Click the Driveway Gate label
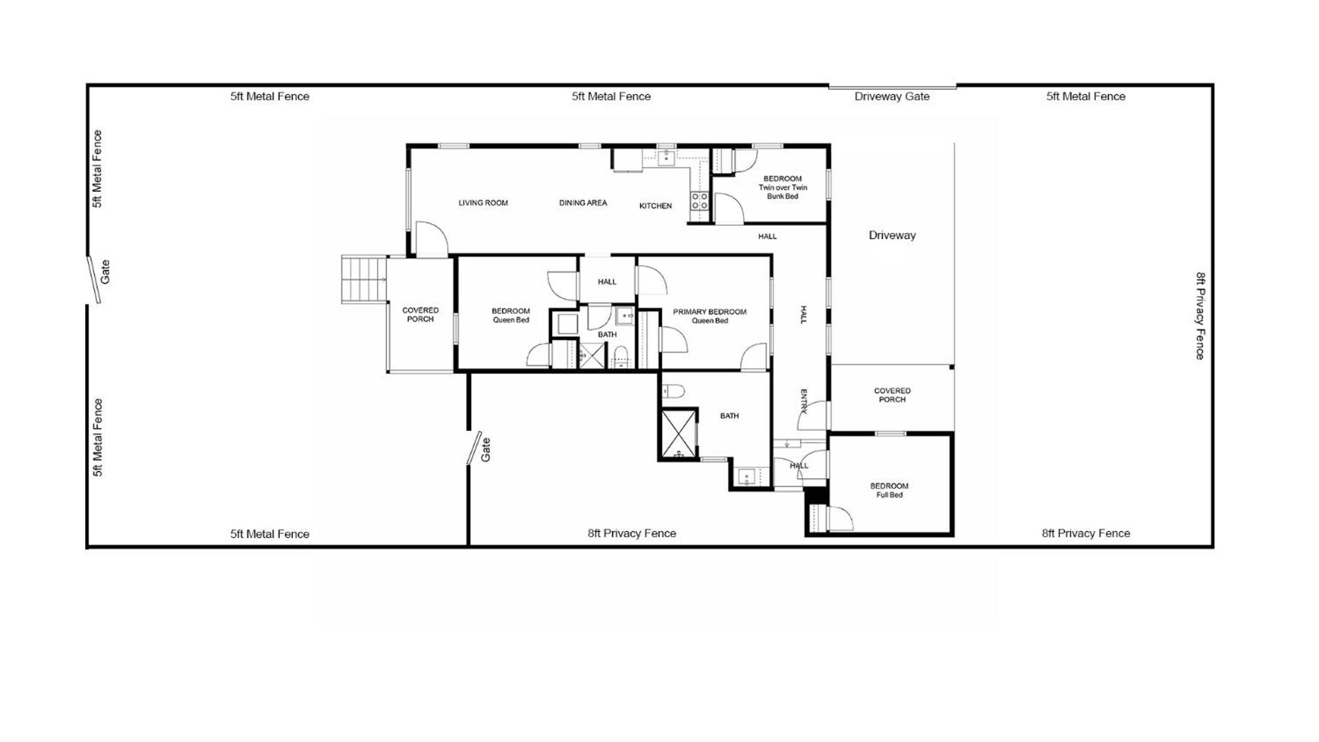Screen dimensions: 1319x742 pyautogui.click(x=891, y=96)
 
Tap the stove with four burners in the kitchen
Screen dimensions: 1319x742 pyautogui.click(x=700, y=201)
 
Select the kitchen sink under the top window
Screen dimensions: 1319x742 pyautogui.click(x=665, y=158)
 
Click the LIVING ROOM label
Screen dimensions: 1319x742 pyautogui.click(x=483, y=203)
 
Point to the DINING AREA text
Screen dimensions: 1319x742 pyautogui.click(x=583, y=203)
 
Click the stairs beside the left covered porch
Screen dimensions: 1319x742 pyautogui.click(x=364, y=279)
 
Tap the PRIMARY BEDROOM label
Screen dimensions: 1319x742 pyautogui.click(x=709, y=312)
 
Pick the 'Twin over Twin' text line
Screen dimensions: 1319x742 pyautogui.click(x=783, y=188)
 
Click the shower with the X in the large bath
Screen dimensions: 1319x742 pyautogui.click(x=678, y=433)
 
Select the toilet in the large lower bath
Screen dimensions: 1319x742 pyautogui.click(x=673, y=392)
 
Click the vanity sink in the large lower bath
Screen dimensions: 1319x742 pyautogui.click(x=746, y=476)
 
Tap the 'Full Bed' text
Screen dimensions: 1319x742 pyautogui.click(x=889, y=495)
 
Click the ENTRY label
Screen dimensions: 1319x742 pyautogui.click(x=803, y=401)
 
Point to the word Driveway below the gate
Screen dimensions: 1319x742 pyautogui.click(x=892, y=235)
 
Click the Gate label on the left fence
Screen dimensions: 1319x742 pyautogui.click(x=105, y=272)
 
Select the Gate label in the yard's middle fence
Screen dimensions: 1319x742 pyautogui.click(x=486, y=449)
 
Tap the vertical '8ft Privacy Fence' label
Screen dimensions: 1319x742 pyautogui.click(x=1200, y=316)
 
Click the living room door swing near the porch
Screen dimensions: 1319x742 pyautogui.click(x=432, y=239)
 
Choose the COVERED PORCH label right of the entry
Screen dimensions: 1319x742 pyautogui.click(x=892, y=395)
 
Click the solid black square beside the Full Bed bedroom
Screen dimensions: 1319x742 pyautogui.click(x=815, y=495)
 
